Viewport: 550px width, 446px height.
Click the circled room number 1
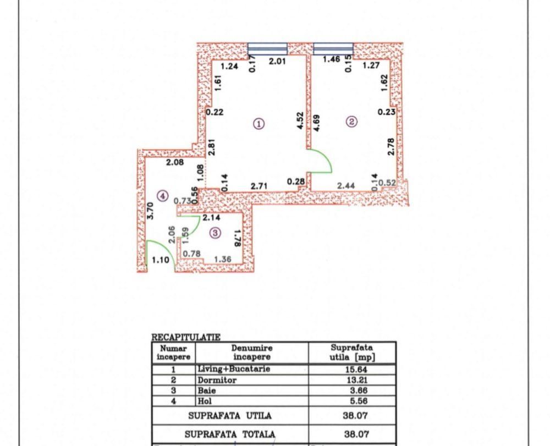coord(259,123)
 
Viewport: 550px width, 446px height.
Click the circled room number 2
coord(352,122)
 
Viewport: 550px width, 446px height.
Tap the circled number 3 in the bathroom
coord(215,233)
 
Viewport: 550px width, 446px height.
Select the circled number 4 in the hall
coord(161,195)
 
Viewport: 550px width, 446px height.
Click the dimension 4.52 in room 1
coord(300,120)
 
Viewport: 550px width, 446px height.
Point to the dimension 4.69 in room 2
coord(317,122)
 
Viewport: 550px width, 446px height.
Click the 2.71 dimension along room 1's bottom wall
coord(259,186)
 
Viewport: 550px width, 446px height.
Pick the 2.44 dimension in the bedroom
coord(345,186)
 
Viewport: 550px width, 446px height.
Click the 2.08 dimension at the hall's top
coord(175,162)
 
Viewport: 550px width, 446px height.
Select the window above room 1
coord(267,49)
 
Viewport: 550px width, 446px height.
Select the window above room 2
coord(333,49)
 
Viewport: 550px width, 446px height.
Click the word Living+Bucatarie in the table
coord(234,370)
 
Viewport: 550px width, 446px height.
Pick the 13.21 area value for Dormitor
coord(355,381)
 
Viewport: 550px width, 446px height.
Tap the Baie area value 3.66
coord(355,391)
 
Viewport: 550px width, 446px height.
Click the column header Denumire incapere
coord(251,353)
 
